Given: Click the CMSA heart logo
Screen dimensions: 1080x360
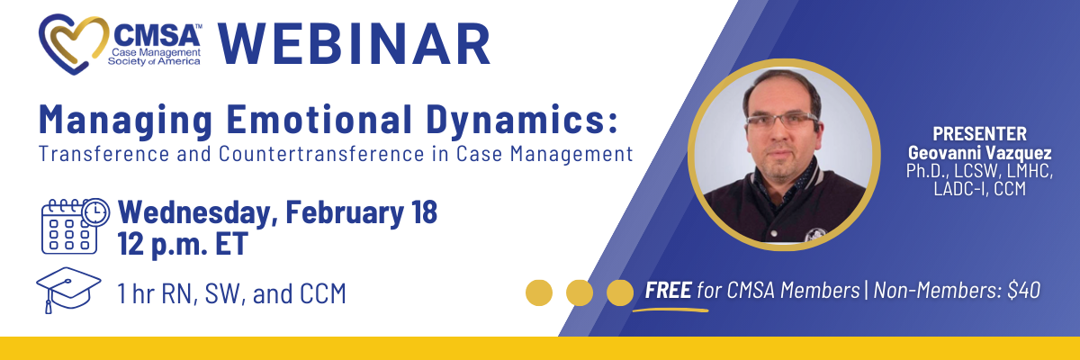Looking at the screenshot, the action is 72,43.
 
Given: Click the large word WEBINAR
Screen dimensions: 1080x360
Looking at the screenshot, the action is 355,43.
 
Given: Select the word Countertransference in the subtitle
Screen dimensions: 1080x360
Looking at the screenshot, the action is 321,154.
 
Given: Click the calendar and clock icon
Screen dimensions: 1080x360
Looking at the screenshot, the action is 76,226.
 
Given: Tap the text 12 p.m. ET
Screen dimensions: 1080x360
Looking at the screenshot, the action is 183,244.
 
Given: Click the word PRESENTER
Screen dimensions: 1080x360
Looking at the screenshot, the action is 979,133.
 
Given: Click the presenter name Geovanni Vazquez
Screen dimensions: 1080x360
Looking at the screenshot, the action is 980,153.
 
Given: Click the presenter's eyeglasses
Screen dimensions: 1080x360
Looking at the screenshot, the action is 782,121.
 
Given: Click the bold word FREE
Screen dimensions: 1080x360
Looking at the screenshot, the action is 668,290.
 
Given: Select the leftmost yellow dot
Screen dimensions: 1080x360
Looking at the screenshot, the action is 539,292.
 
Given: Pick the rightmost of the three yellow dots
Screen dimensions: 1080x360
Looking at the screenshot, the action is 619,292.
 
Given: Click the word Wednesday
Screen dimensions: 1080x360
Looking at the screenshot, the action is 198,212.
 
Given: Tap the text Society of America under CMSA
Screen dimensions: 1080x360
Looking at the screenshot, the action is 154,61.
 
